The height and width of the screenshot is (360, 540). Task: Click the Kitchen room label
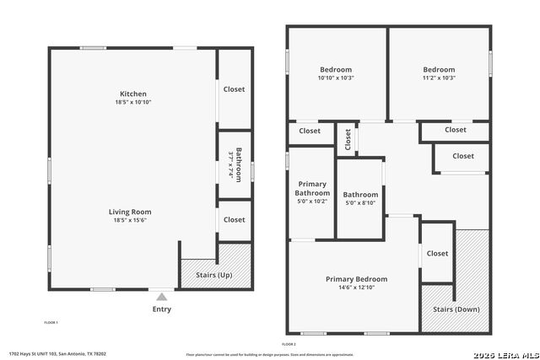coord(133,94)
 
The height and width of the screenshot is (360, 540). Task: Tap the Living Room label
coord(129,212)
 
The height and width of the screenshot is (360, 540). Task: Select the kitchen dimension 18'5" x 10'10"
coord(133,102)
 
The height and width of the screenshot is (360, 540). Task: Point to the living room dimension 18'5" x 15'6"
coord(129,220)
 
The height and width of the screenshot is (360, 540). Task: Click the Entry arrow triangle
coord(161,297)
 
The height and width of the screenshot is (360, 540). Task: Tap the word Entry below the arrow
coord(161,309)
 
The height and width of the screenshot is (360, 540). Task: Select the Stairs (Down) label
coord(456,309)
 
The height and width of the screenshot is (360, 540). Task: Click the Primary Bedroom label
coord(356,279)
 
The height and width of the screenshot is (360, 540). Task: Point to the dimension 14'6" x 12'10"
coord(356,287)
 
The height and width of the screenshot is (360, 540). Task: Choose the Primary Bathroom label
coord(311,189)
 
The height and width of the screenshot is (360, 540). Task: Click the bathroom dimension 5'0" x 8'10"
coord(361,203)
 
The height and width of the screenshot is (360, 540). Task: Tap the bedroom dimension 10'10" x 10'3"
coord(336,78)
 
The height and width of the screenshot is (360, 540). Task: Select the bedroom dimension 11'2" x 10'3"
coord(439,78)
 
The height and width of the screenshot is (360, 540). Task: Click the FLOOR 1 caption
coord(51,322)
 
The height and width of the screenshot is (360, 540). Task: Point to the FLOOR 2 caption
coord(289,344)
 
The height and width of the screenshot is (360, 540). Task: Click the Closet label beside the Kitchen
coord(234,89)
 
